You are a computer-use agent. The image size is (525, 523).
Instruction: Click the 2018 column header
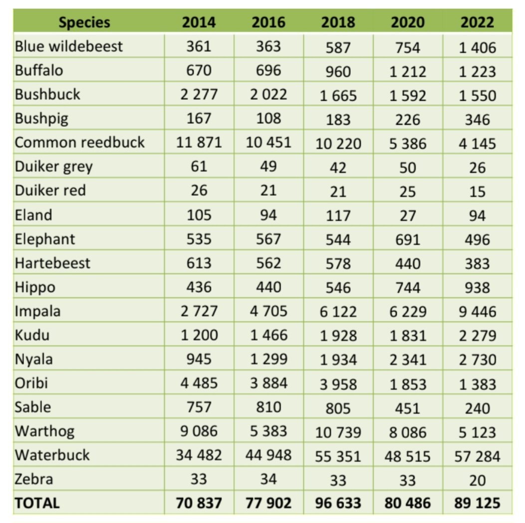(x=338, y=22)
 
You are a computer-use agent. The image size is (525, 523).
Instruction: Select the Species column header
(x=84, y=22)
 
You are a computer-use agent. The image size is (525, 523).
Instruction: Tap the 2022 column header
(x=477, y=22)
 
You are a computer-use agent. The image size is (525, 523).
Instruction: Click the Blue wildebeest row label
(x=69, y=46)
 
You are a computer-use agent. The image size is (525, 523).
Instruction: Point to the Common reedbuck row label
(x=80, y=143)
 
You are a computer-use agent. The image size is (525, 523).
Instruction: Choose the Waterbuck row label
(x=52, y=455)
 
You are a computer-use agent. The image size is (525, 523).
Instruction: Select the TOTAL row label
(x=37, y=503)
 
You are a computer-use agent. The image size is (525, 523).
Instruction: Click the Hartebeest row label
(x=53, y=263)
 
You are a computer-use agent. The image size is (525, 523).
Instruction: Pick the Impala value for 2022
(x=477, y=312)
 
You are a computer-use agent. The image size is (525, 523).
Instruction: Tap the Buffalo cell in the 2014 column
(x=199, y=70)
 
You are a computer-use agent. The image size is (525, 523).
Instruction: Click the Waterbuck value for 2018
(x=338, y=456)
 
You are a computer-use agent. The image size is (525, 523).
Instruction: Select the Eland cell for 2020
(x=407, y=215)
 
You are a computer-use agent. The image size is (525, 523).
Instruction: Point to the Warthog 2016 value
(x=268, y=431)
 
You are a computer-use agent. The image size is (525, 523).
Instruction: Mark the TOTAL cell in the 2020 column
(x=407, y=503)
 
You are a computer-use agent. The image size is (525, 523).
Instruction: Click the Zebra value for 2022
(x=477, y=480)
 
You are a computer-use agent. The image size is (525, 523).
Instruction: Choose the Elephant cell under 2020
(x=407, y=239)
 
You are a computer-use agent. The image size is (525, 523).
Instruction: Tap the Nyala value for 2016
(x=268, y=359)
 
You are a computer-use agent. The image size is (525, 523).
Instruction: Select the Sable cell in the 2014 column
(x=199, y=407)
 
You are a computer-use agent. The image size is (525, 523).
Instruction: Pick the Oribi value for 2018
(x=338, y=384)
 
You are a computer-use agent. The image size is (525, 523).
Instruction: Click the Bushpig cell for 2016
(x=268, y=118)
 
